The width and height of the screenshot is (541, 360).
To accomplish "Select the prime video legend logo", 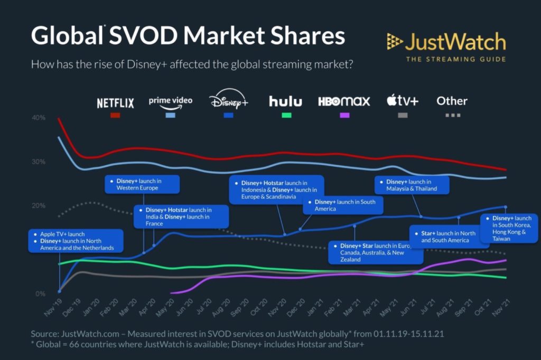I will tap(170, 100).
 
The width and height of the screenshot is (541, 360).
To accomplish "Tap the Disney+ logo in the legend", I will tap(228, 101).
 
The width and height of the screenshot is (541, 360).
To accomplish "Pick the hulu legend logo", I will tap(285, 101).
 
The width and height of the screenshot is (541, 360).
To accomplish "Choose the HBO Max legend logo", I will tap(344, 101).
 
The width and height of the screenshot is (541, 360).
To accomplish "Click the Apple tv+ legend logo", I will tap(402, 100).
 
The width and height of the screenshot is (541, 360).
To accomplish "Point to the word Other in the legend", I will tap(452, 100).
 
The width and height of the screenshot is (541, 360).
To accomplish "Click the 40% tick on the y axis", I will tap(39, 118).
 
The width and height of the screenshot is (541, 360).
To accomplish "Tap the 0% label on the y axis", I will tap(40, 294).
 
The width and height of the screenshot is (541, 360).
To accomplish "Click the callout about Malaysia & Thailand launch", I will tap(412, 185).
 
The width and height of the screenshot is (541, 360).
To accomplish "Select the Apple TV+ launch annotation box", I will tap(76, 241).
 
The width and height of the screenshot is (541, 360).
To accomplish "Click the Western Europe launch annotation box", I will tap(142, 184).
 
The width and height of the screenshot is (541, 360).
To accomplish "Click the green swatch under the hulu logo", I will tap(285, 115).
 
